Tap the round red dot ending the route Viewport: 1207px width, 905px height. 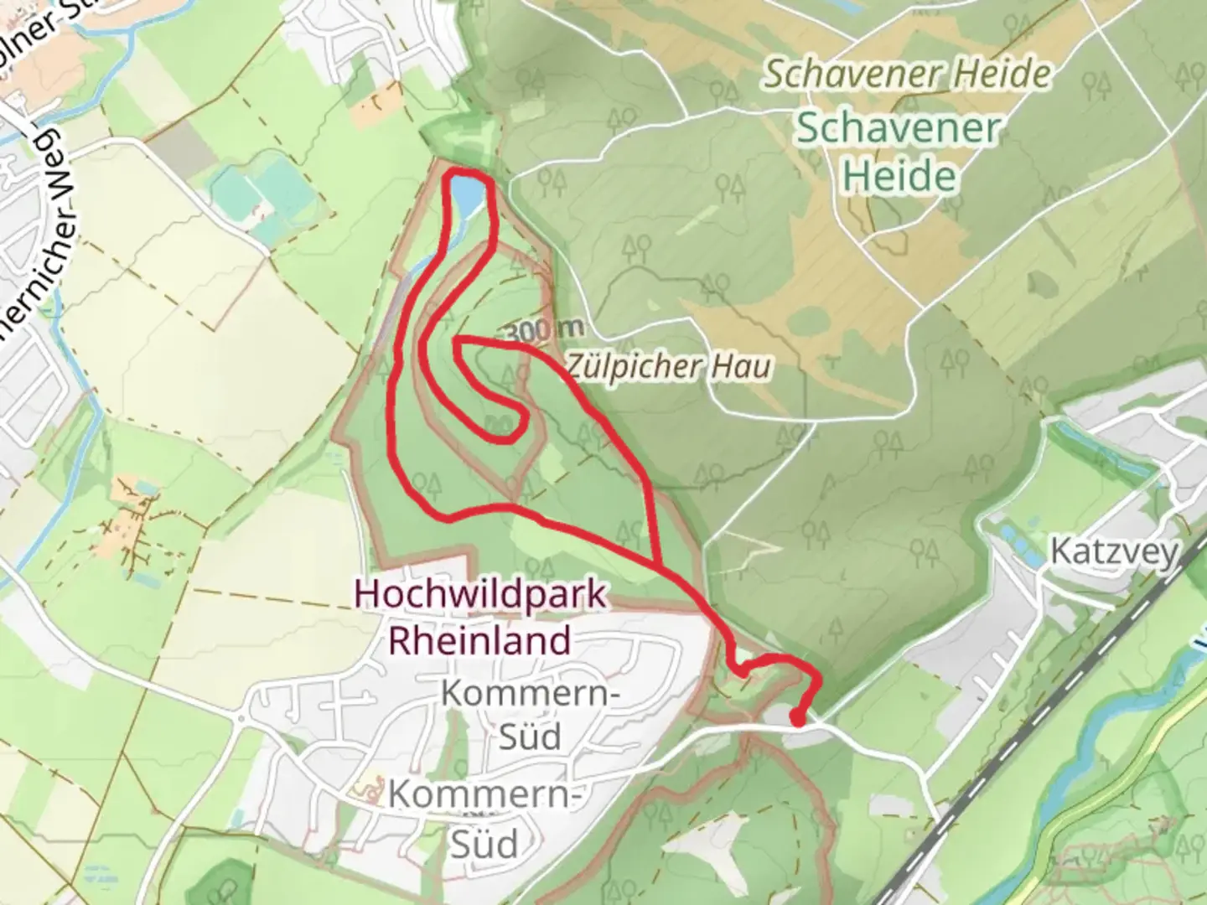click(x=798, y=718)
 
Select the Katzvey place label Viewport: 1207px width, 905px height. click(x=1114, y=552)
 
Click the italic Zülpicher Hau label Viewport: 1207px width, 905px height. click(x=668, y=366)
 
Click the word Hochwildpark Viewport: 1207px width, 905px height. click(x=480, y=594)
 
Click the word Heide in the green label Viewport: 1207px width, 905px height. click(x=899, y=177)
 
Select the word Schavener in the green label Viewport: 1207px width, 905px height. click(x=898, y=129)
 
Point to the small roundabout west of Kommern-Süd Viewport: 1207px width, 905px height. click(x=241, y=719)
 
